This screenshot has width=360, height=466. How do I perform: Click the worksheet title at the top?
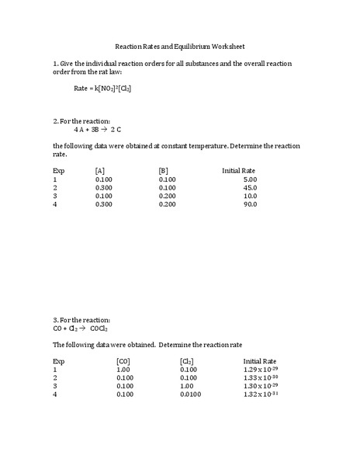tap(179, 47)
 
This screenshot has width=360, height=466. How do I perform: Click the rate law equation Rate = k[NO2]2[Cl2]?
tap(102, 89)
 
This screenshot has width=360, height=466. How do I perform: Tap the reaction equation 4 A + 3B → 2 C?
tap(100, 130)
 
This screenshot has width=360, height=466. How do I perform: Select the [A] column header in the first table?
tap(100, 170)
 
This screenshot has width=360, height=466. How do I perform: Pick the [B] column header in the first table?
tap(163, 170)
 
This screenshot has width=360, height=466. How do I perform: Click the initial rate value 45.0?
tap(250, 187)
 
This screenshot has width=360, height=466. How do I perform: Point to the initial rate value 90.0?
tap(250, 204)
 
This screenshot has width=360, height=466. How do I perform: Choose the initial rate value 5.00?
tap(250, 179)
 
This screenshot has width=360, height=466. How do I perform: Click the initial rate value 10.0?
tap(250, 196)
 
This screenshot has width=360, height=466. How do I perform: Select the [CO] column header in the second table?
tap(123, 361)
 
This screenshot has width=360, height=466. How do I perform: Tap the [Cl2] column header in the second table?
tap(186, 361)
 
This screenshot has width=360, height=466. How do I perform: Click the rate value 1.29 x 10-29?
tap(260, 370)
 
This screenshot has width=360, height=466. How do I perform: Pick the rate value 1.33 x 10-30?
tap(260, 378)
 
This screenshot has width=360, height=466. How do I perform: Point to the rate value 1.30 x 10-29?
tap(260, 386)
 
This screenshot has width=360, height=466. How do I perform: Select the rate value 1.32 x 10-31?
tap(260, 395)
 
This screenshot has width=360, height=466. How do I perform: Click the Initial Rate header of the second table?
tap(260, 361)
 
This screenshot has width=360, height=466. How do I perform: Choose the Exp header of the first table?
tap(59, 170)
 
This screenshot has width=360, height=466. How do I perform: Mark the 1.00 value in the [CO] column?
tap(123, 370)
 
